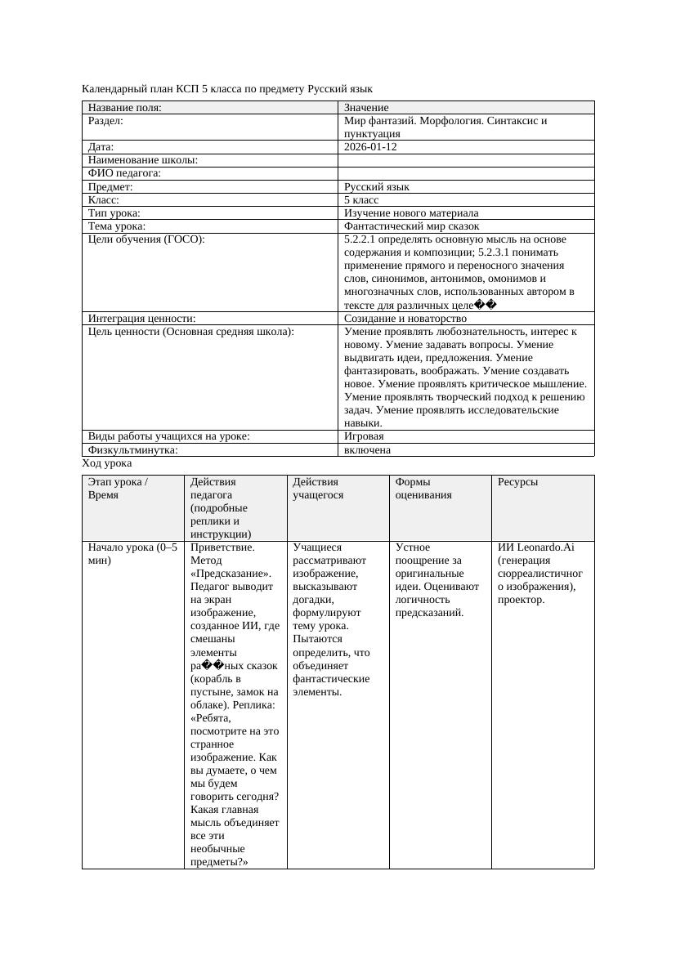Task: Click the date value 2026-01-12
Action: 370,147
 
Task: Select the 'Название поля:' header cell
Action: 125,108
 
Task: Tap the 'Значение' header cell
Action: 366,108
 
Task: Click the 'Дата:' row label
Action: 101,147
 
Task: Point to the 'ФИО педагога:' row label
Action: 124,173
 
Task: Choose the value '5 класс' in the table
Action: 361,199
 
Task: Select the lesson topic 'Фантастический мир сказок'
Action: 411,226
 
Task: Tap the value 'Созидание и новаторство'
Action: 405,318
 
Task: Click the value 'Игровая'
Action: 364,436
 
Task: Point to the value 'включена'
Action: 367,449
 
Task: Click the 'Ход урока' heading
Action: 107,462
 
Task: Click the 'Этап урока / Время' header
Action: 118,488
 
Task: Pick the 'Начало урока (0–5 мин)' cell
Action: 132,553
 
